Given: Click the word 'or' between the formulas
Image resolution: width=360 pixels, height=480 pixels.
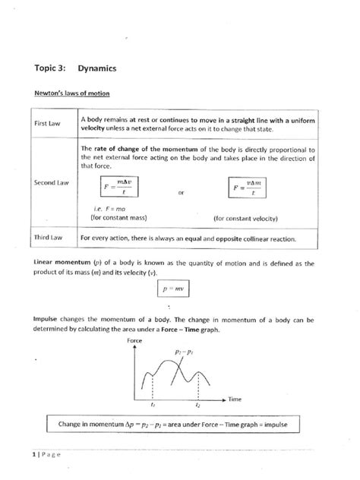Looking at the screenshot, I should coord(180,193).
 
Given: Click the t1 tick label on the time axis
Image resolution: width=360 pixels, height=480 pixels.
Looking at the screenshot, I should coord(154,406).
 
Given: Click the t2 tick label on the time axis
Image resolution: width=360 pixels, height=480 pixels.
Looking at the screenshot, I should coord(197,406).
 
